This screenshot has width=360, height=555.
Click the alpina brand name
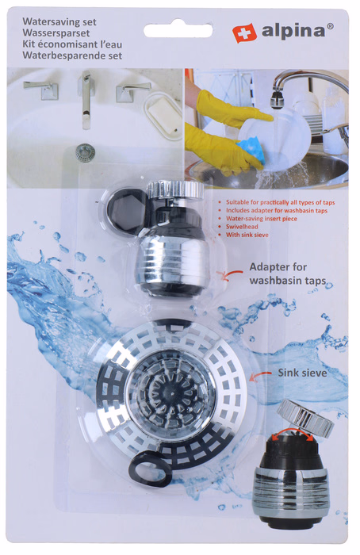coord(293,31)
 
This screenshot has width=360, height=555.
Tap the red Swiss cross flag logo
coord(244,33)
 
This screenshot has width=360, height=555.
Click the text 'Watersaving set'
coord(59,21)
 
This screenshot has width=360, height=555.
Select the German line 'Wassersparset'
coord(56,33)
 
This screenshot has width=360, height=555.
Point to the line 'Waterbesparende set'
coord(72,55)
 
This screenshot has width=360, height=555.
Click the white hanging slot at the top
coord(178,30)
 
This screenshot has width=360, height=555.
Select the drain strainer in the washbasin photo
coord(85,152)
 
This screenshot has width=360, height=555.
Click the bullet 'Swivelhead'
coord(242,227)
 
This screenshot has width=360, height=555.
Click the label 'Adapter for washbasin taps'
coord(287,274)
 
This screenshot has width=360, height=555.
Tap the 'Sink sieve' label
coord(302,373)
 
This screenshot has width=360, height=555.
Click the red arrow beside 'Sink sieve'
coord(260,376)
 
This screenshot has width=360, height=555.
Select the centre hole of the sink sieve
coord(171,392)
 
